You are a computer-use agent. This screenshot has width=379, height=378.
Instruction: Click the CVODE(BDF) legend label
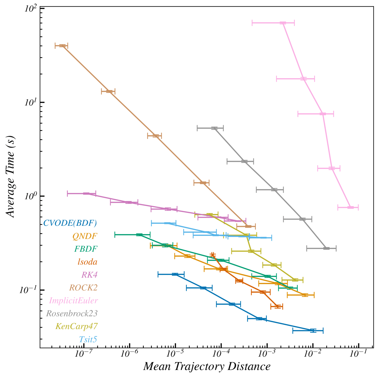click(70, 223)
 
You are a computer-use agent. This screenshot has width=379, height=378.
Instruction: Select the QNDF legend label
click(85, 236)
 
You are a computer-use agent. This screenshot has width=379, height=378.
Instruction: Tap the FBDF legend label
click(86, 249)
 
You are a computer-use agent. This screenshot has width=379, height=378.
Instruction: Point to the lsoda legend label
click(88, 262)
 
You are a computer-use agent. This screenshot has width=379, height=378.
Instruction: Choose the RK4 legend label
click(89, 275)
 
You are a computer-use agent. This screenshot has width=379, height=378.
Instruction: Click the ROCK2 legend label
click(83, 288)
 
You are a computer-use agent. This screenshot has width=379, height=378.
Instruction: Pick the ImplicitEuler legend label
click(73, 301)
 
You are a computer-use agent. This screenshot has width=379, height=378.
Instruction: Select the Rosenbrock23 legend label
click(72, 314)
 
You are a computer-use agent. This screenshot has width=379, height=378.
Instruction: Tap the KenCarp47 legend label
click(76, 326)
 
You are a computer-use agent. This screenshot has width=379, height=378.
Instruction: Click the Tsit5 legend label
click(88, 340)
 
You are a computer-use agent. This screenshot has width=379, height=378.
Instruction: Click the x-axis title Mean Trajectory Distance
click(207, 367)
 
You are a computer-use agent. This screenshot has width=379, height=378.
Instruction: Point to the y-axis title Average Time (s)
click(10, 177)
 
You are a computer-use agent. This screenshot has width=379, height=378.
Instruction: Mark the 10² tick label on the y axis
click(31, 8)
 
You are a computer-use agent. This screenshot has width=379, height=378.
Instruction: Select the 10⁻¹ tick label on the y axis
click(28, 290)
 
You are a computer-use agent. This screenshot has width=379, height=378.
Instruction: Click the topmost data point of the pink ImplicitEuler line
click(283, 23)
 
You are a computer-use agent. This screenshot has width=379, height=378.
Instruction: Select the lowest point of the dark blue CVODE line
click(313, 330)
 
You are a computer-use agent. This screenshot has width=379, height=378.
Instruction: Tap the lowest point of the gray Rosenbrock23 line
click(326, 248)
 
